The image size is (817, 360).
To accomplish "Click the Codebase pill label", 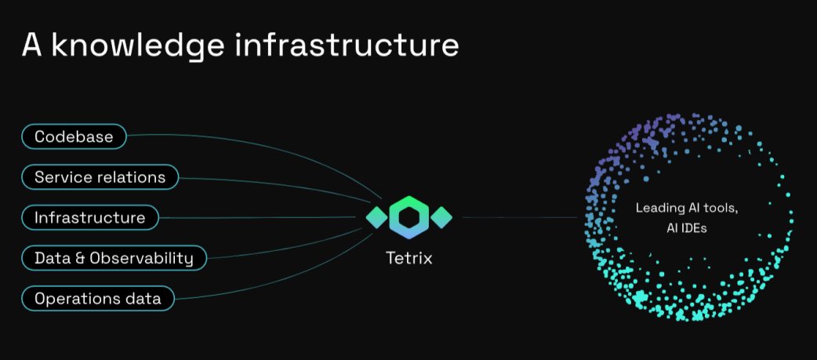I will (74, 136).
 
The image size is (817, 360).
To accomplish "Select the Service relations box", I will (100, 177).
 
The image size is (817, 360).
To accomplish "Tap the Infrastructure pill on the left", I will (89, 217).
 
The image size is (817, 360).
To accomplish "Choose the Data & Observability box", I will (114, 257).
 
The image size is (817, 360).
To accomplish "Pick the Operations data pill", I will (97, 298).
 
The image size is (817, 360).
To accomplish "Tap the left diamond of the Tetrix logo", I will (376, 216).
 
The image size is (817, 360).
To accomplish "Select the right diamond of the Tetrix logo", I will (442, 216).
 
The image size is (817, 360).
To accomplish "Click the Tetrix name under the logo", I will (408, 256).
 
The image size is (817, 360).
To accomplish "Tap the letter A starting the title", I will (31, 45).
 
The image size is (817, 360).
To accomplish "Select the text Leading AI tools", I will (686, 208).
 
